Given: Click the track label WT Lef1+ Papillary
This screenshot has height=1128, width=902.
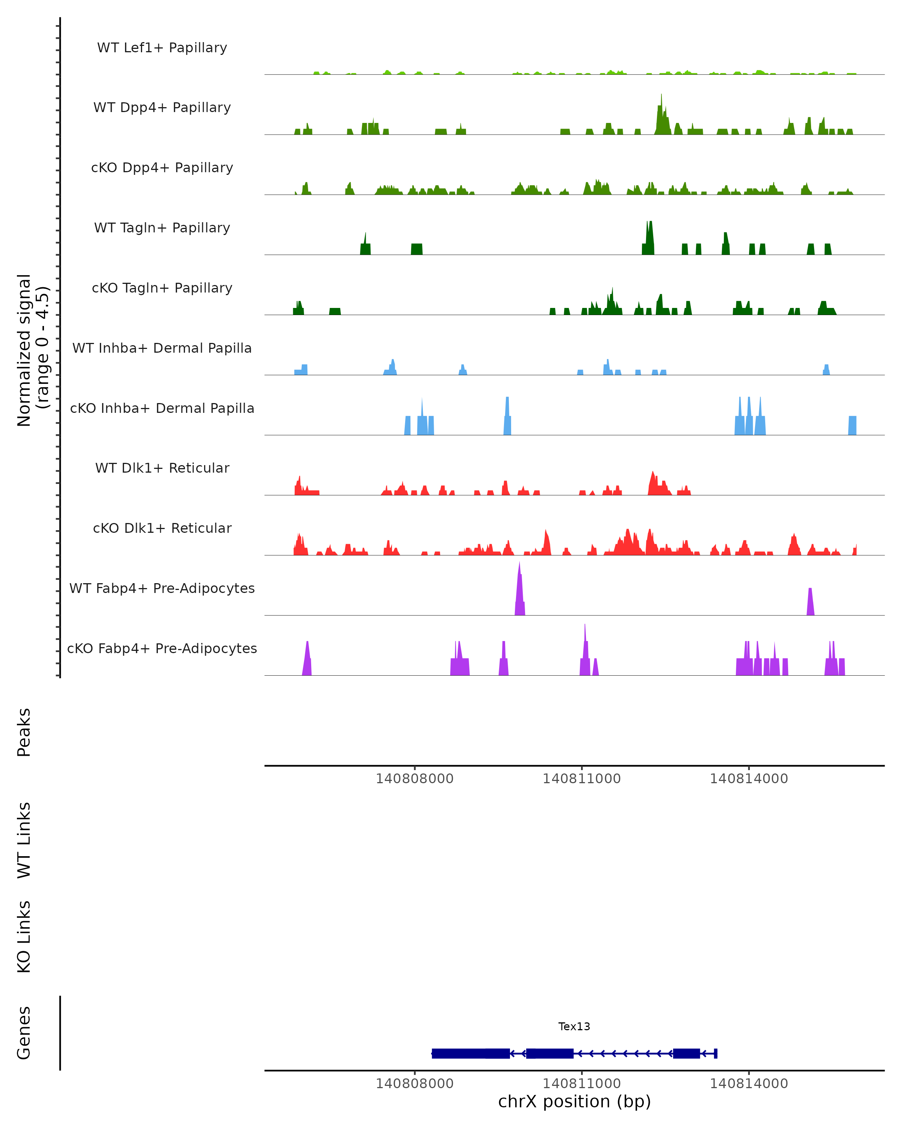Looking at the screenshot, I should click(162, 48).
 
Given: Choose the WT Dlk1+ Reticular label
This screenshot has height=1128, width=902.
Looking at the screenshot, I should click(162, 468).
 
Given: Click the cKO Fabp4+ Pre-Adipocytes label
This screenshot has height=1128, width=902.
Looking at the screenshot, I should click(162, 648).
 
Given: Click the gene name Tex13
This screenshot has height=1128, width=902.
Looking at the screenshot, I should click(574, 1026).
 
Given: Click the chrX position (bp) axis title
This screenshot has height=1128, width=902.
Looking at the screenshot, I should click(574, 1101).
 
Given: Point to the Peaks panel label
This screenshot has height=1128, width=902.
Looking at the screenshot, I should click(24, 732).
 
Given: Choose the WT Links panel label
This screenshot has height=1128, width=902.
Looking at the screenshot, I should click(24, 839).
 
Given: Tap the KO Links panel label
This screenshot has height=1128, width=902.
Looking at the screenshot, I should click(24, 937).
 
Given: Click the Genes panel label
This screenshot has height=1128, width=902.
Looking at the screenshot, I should click(24, 1033).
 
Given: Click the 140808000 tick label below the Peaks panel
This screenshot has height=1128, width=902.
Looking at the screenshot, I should click(415, 779).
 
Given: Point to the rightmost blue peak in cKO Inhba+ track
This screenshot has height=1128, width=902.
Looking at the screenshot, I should click(852, 425).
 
